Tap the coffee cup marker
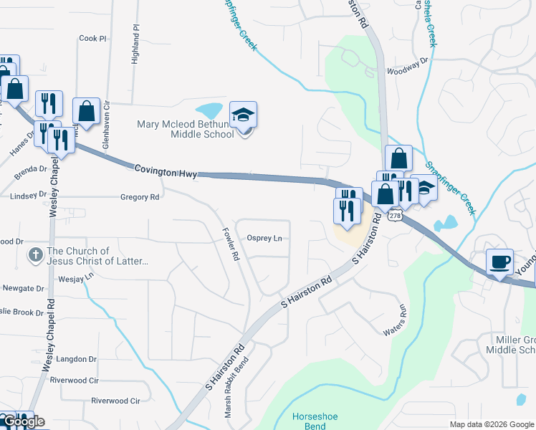point(499,262)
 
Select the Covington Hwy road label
point(165,170)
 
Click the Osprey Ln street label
point(264,239)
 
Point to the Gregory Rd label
point(140,197)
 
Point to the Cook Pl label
point(92,38)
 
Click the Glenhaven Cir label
point(105,128)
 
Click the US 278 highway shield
point(395,215)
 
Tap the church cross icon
point(34,254)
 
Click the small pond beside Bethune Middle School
point(210,110)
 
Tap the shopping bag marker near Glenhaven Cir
point(86,112)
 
